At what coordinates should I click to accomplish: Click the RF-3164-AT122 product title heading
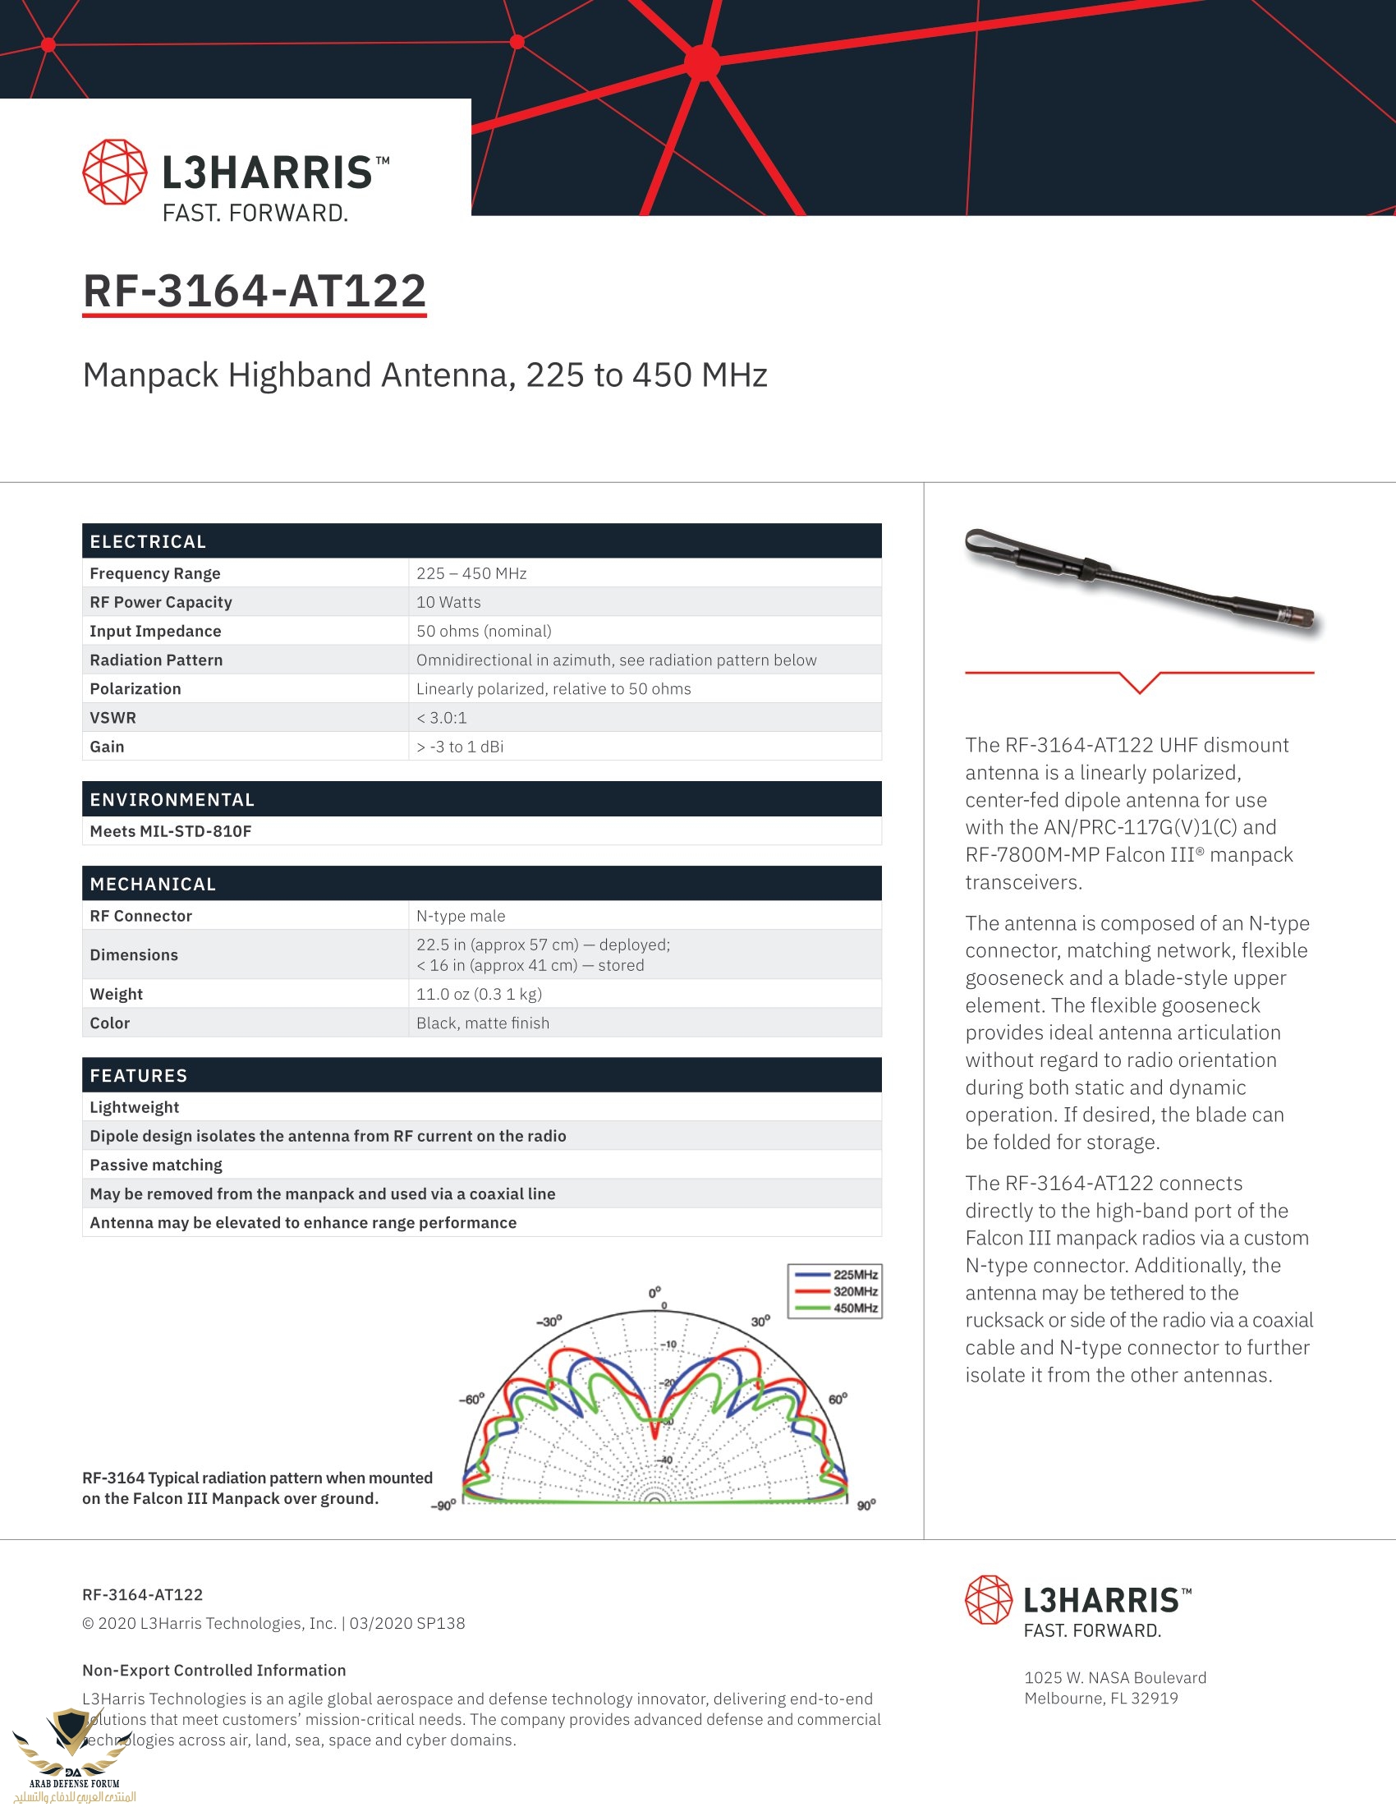(254, 292)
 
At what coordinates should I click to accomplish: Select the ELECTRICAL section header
(149, 542)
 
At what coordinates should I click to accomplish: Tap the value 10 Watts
(448, 602)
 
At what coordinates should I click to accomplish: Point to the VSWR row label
(113, 718)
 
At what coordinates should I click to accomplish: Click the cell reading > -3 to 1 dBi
(460, 747)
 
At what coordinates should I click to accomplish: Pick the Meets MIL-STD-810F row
(171, 831)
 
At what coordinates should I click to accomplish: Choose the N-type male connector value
(461, 916)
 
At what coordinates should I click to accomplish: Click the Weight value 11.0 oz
(479, 995)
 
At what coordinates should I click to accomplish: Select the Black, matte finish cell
(482, 1023)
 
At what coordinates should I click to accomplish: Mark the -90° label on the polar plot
(443, 1506)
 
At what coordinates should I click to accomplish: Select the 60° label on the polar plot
(838, 1399)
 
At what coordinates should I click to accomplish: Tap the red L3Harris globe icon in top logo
(115, 172)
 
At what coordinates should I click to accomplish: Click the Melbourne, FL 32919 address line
(1100, 1699)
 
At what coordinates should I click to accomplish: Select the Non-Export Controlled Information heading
(214, 1671)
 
